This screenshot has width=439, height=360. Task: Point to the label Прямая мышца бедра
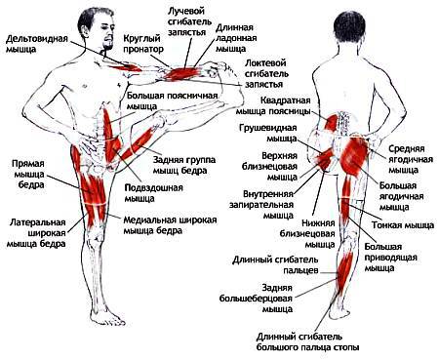coord(30,172)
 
